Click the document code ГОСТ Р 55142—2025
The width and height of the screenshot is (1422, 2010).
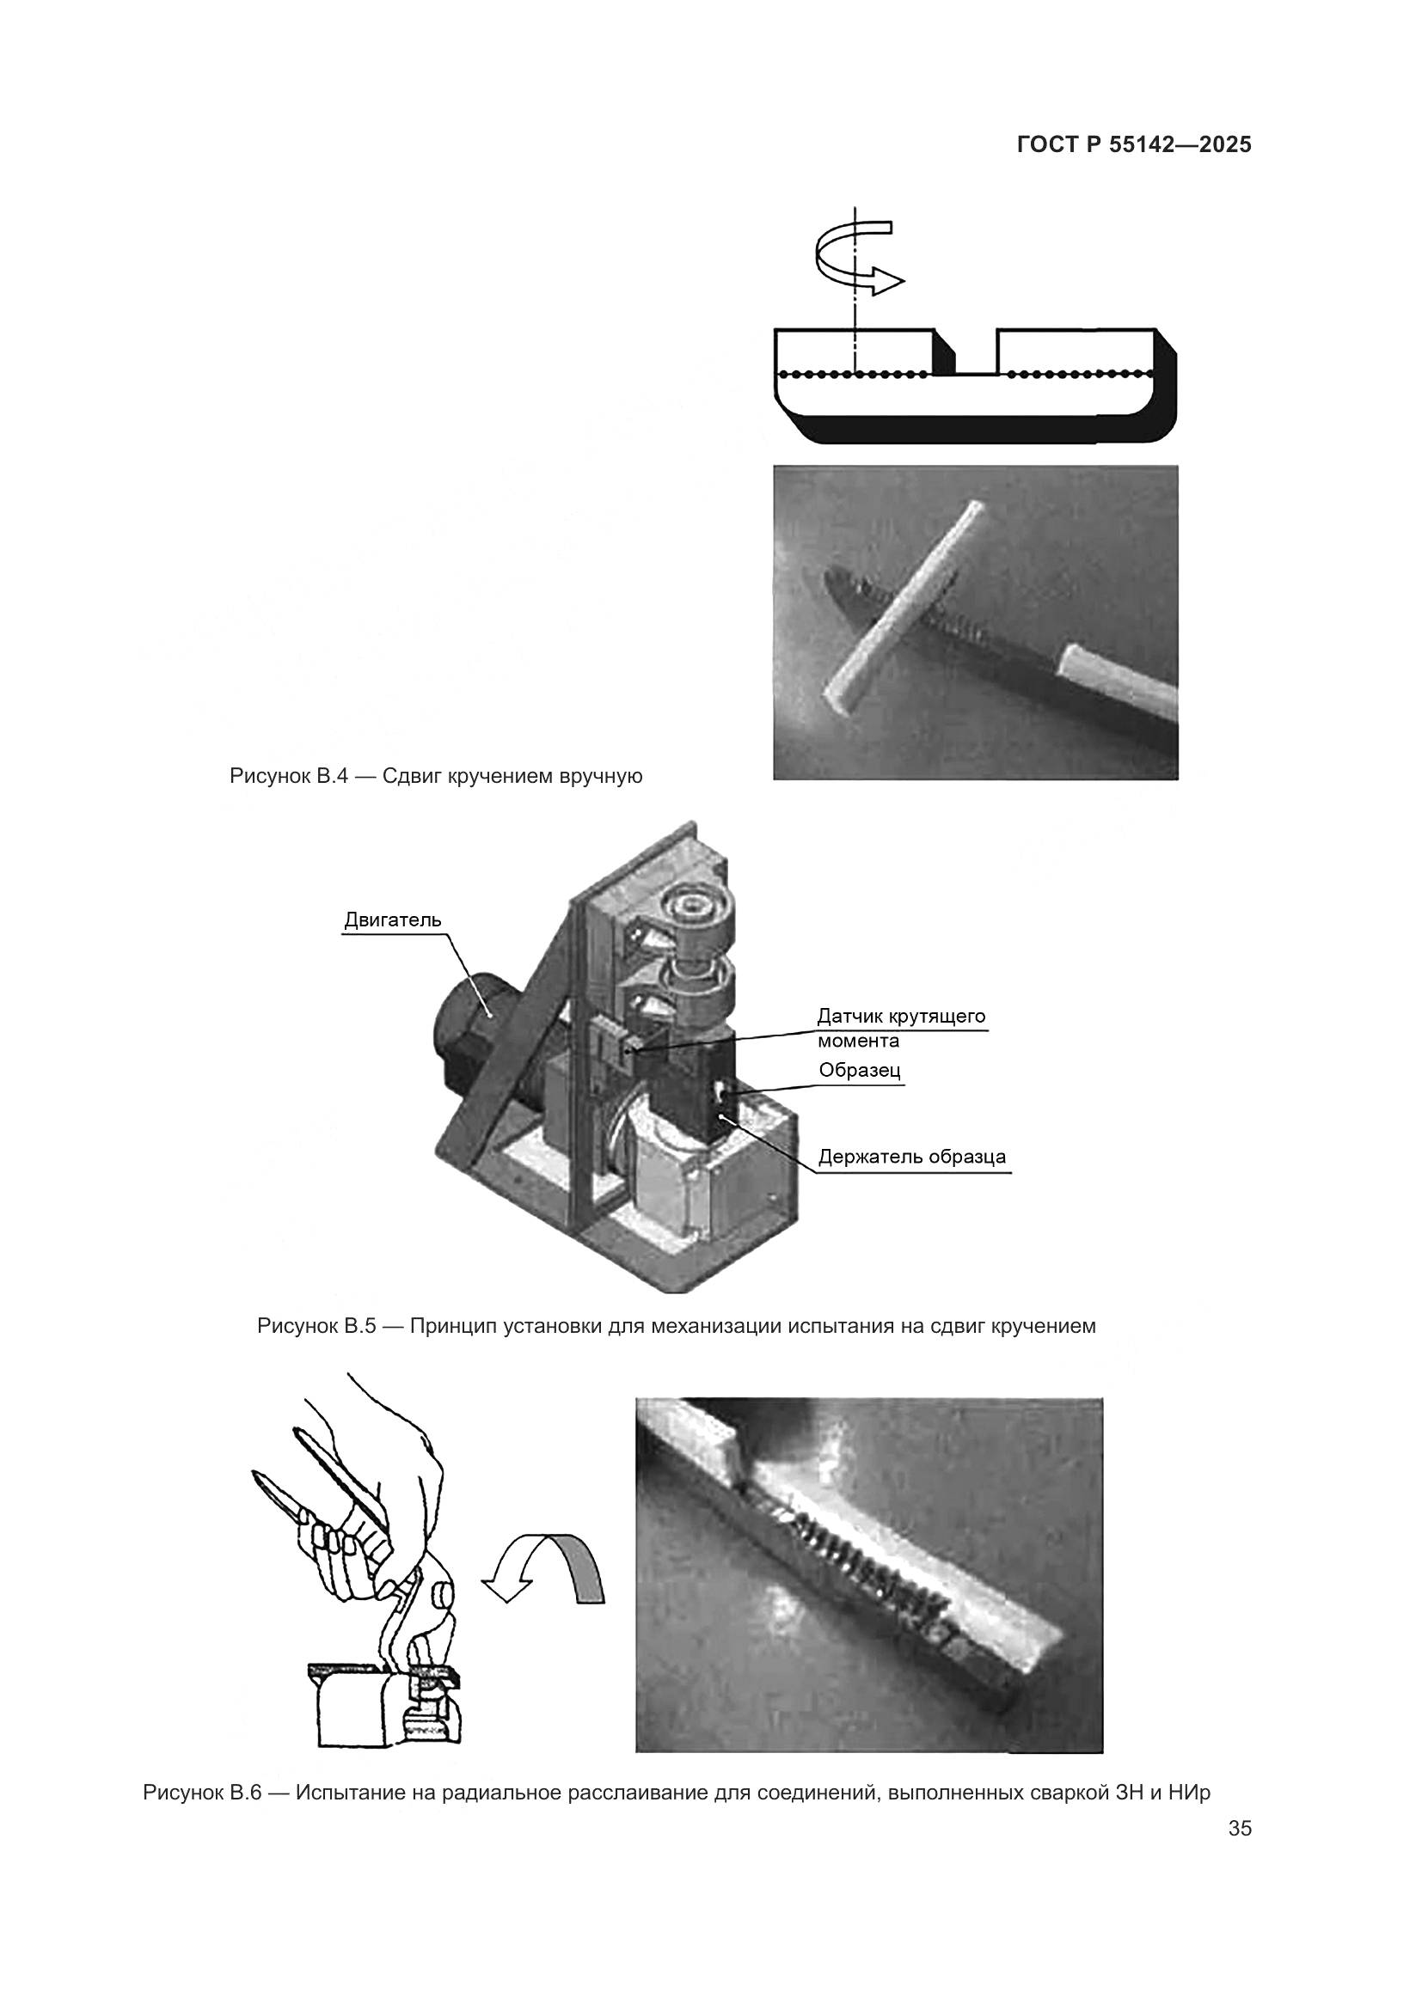[x=1134, y=144]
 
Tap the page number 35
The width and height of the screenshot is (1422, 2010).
[x=1240, y=1828]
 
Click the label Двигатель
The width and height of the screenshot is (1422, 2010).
[x=393, y=920]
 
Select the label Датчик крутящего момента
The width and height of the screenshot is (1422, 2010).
[x=901, y=1029]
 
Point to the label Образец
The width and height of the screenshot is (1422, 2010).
[x=860, y=1070]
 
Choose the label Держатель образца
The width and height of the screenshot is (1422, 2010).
[x=912, y=1158]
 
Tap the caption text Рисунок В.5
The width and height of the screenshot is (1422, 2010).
[x=316, y=1326]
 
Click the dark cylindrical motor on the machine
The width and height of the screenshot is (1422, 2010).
[x=473, y=1029]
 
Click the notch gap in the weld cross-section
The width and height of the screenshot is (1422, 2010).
[x=975, y=352]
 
